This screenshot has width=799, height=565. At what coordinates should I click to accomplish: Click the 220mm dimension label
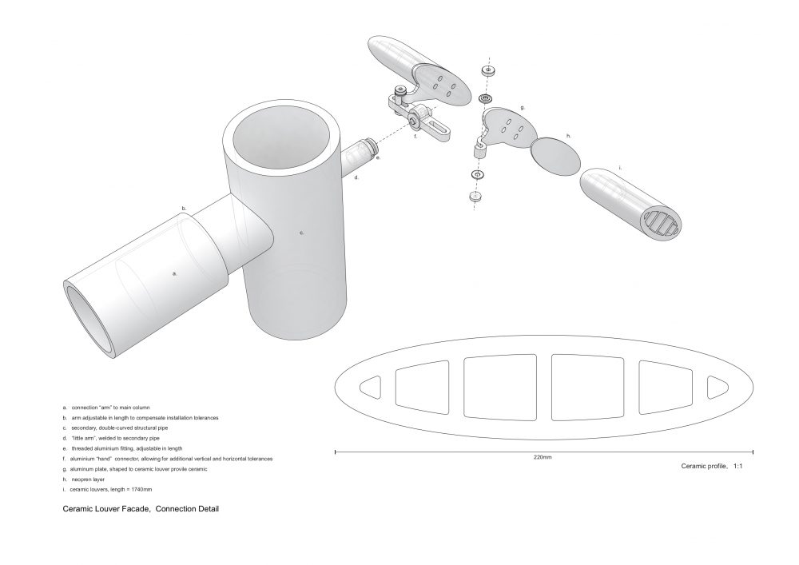click(543, 457)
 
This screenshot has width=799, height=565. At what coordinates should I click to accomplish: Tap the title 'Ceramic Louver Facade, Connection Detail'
click(141, 508)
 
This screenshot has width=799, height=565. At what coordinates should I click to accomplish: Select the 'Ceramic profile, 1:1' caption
click(712, 466)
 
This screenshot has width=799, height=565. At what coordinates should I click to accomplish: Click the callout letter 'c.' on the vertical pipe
click(302, 233)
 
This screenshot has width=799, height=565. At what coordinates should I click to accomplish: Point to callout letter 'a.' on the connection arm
click(175, 273)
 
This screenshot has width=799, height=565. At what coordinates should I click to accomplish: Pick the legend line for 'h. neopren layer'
click(84, 479)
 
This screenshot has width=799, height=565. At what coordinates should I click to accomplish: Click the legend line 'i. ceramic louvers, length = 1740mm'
click(107, 490)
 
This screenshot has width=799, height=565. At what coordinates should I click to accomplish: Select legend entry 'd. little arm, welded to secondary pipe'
click(111, 438)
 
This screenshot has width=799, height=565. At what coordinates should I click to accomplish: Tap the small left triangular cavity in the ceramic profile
click(371, 388)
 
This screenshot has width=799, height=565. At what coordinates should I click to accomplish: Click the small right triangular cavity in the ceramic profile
click(717, 388)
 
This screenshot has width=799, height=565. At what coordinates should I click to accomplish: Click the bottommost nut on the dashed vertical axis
click(475, 196)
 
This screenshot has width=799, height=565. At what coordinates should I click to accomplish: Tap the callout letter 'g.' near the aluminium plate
click(523, 108)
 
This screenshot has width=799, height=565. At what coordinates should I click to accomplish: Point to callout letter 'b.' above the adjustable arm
click(185, 209)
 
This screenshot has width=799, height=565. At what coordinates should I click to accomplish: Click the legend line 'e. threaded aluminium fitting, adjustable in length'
click(122, 448)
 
